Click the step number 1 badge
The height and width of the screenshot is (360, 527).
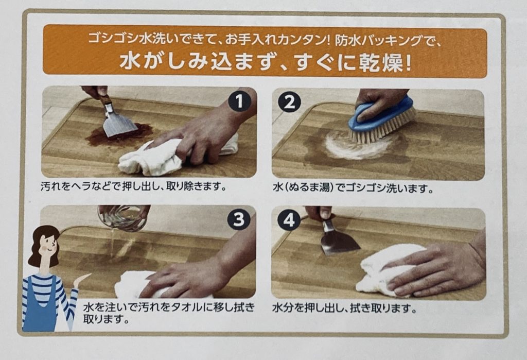coord(239,101)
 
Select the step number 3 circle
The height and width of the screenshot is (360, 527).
coord(238,220)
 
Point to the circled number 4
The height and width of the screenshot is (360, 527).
coord(289,221)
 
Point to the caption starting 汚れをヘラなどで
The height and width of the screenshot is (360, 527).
coord(133,186)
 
